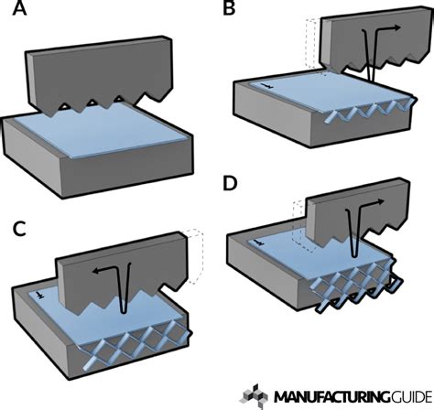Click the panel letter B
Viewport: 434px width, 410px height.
(x=230, y=13)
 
